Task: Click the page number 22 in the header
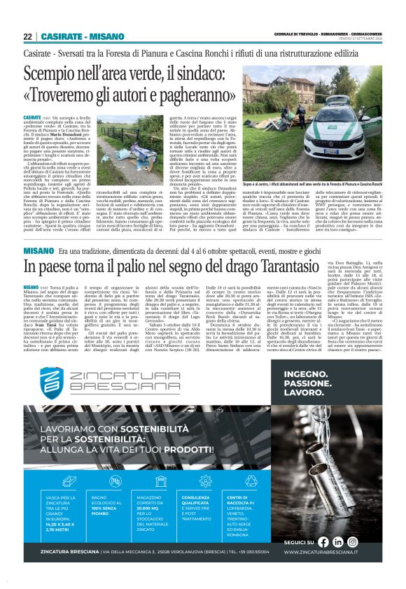pos(27,36)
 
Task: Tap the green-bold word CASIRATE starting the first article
pos(31,118)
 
